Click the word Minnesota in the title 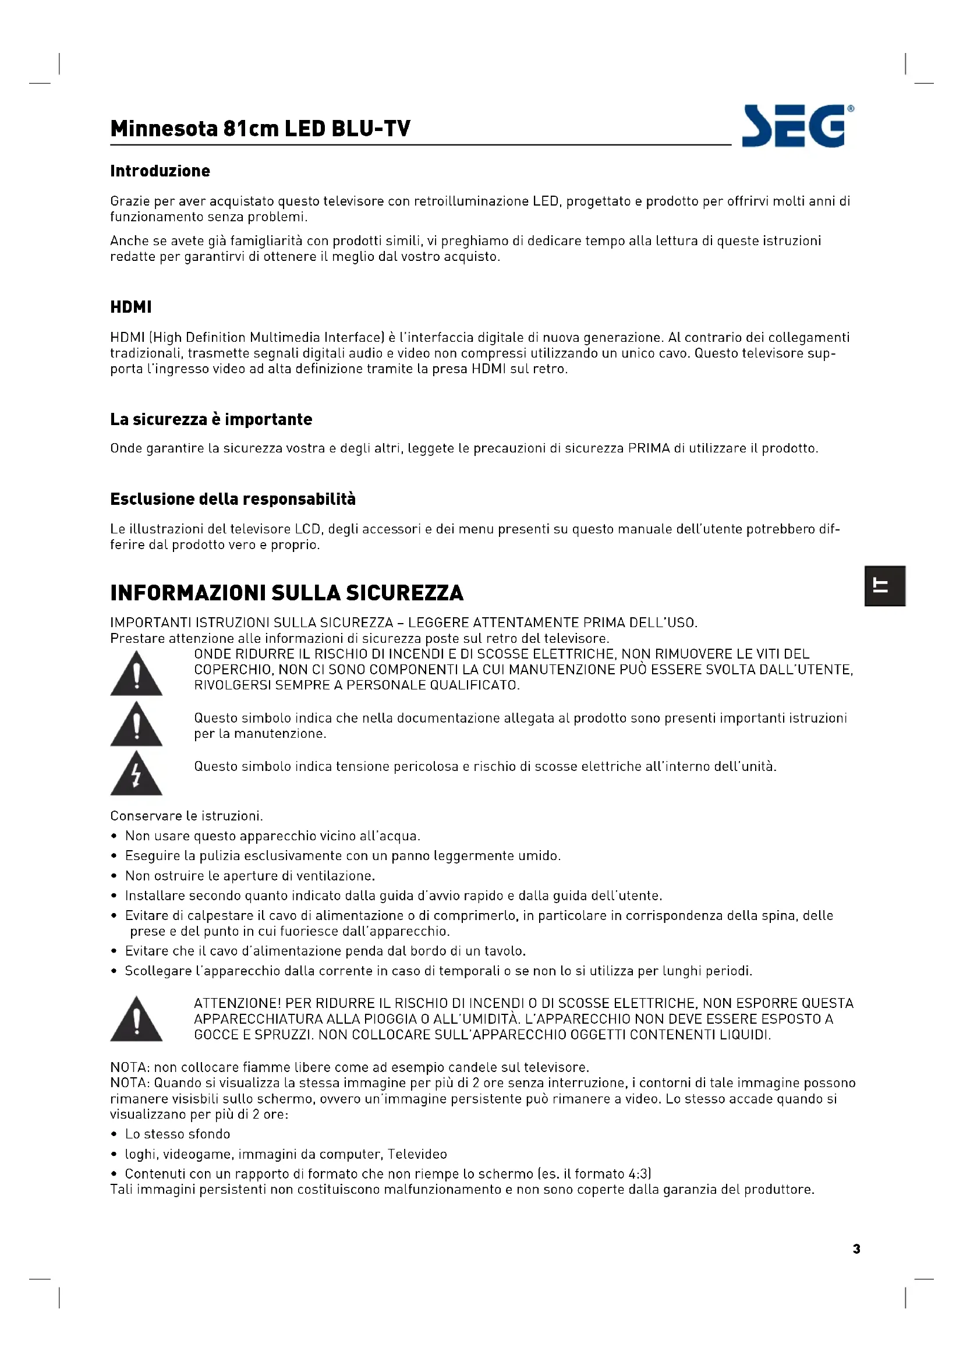tap(164, 129)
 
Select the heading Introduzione tap(160, 171)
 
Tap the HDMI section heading tap(130, 307)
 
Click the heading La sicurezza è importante tap(211, 419)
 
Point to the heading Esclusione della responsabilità tap(233, 499)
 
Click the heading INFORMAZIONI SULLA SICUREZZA tap(287, 593)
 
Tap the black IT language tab tap(884, 586)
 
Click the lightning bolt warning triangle tap(136, 773)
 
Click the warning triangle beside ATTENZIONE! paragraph tap(136, 1018)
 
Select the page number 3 tap(856, 1248)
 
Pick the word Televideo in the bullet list tap(417, 1154)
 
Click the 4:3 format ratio tap(638, 1174)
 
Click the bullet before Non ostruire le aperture tap(114, 876)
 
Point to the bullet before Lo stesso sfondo tap(114, 1134)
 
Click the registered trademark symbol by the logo tap(851, 108)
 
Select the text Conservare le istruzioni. tap(186, 816)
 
